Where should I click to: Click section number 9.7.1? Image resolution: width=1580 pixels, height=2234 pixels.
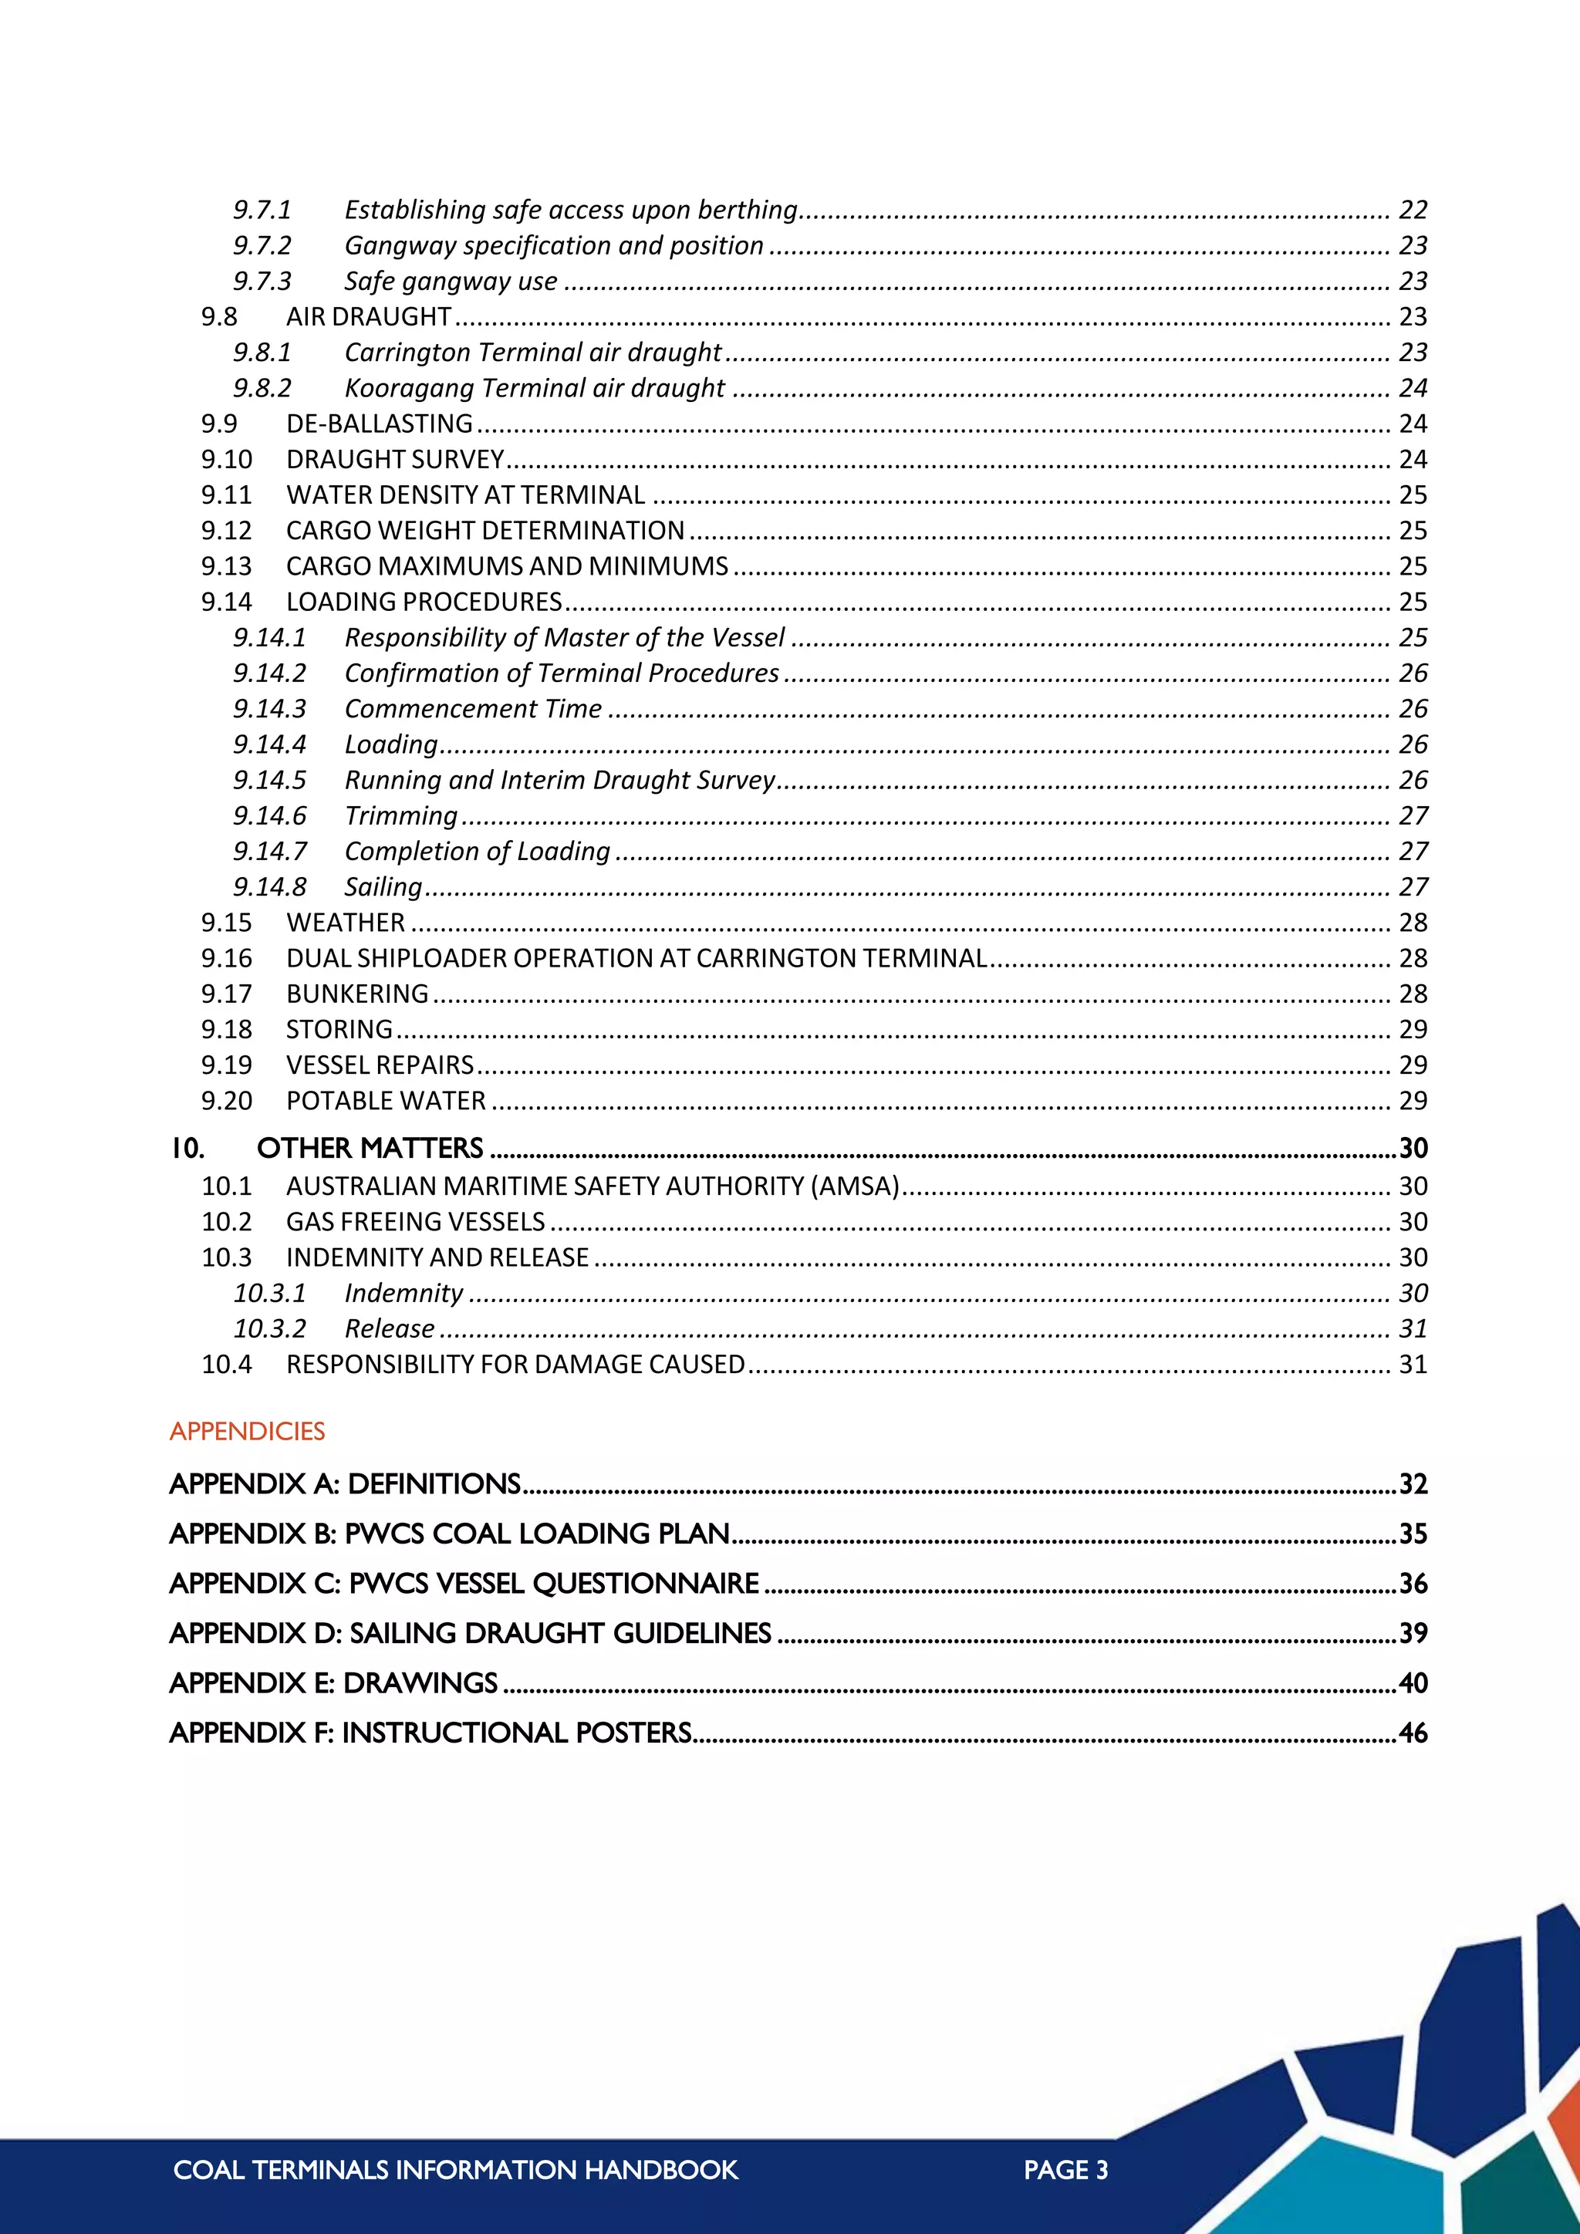pyautogui.click(x=262, y=210)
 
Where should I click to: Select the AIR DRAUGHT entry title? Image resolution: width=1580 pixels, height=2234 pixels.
pyautogui.click(x=368, y=317)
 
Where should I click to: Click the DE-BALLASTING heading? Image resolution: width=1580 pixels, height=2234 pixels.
pyautogui.click(x=379, y=424)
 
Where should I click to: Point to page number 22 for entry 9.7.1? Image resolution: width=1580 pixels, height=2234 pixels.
pyautogui.click(x=1413, y=210)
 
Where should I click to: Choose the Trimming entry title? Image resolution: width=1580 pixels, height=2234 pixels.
pyautogui.click(x=401, y=816)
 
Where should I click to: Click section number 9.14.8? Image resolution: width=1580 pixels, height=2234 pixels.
pyautogui.click(x=269, y=887)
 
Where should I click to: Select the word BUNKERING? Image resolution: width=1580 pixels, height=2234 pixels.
pyautogui.click(x=357, y=994)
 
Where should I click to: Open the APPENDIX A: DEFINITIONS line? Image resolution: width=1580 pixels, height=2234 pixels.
pyautogui.click(x=346, y=1485)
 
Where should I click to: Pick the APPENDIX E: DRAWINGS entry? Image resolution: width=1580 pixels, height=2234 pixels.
pyautogui.click(x=334, y=1684)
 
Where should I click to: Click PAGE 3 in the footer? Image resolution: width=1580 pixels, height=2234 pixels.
pyautogui.click(x=1065, y=2171)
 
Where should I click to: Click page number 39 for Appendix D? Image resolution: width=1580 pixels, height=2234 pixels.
pyautogui.click(x=1413, y=1634)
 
